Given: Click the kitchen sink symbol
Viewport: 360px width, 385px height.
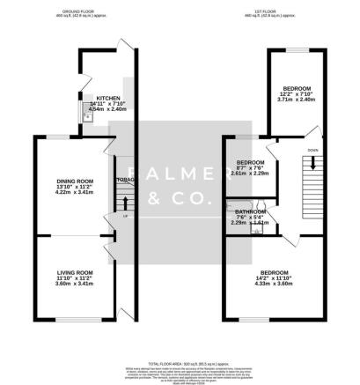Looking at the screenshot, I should pyautogui.click(x=87, y=116).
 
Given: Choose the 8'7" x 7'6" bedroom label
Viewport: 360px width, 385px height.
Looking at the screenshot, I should pyautogui.click(x=248, y=164).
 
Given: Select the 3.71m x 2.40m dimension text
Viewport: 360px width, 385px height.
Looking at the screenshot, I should pyautogui.click(x=296, y=100).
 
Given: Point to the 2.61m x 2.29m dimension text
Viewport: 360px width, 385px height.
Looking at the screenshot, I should pyautogui.click(x=248, y=174).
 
